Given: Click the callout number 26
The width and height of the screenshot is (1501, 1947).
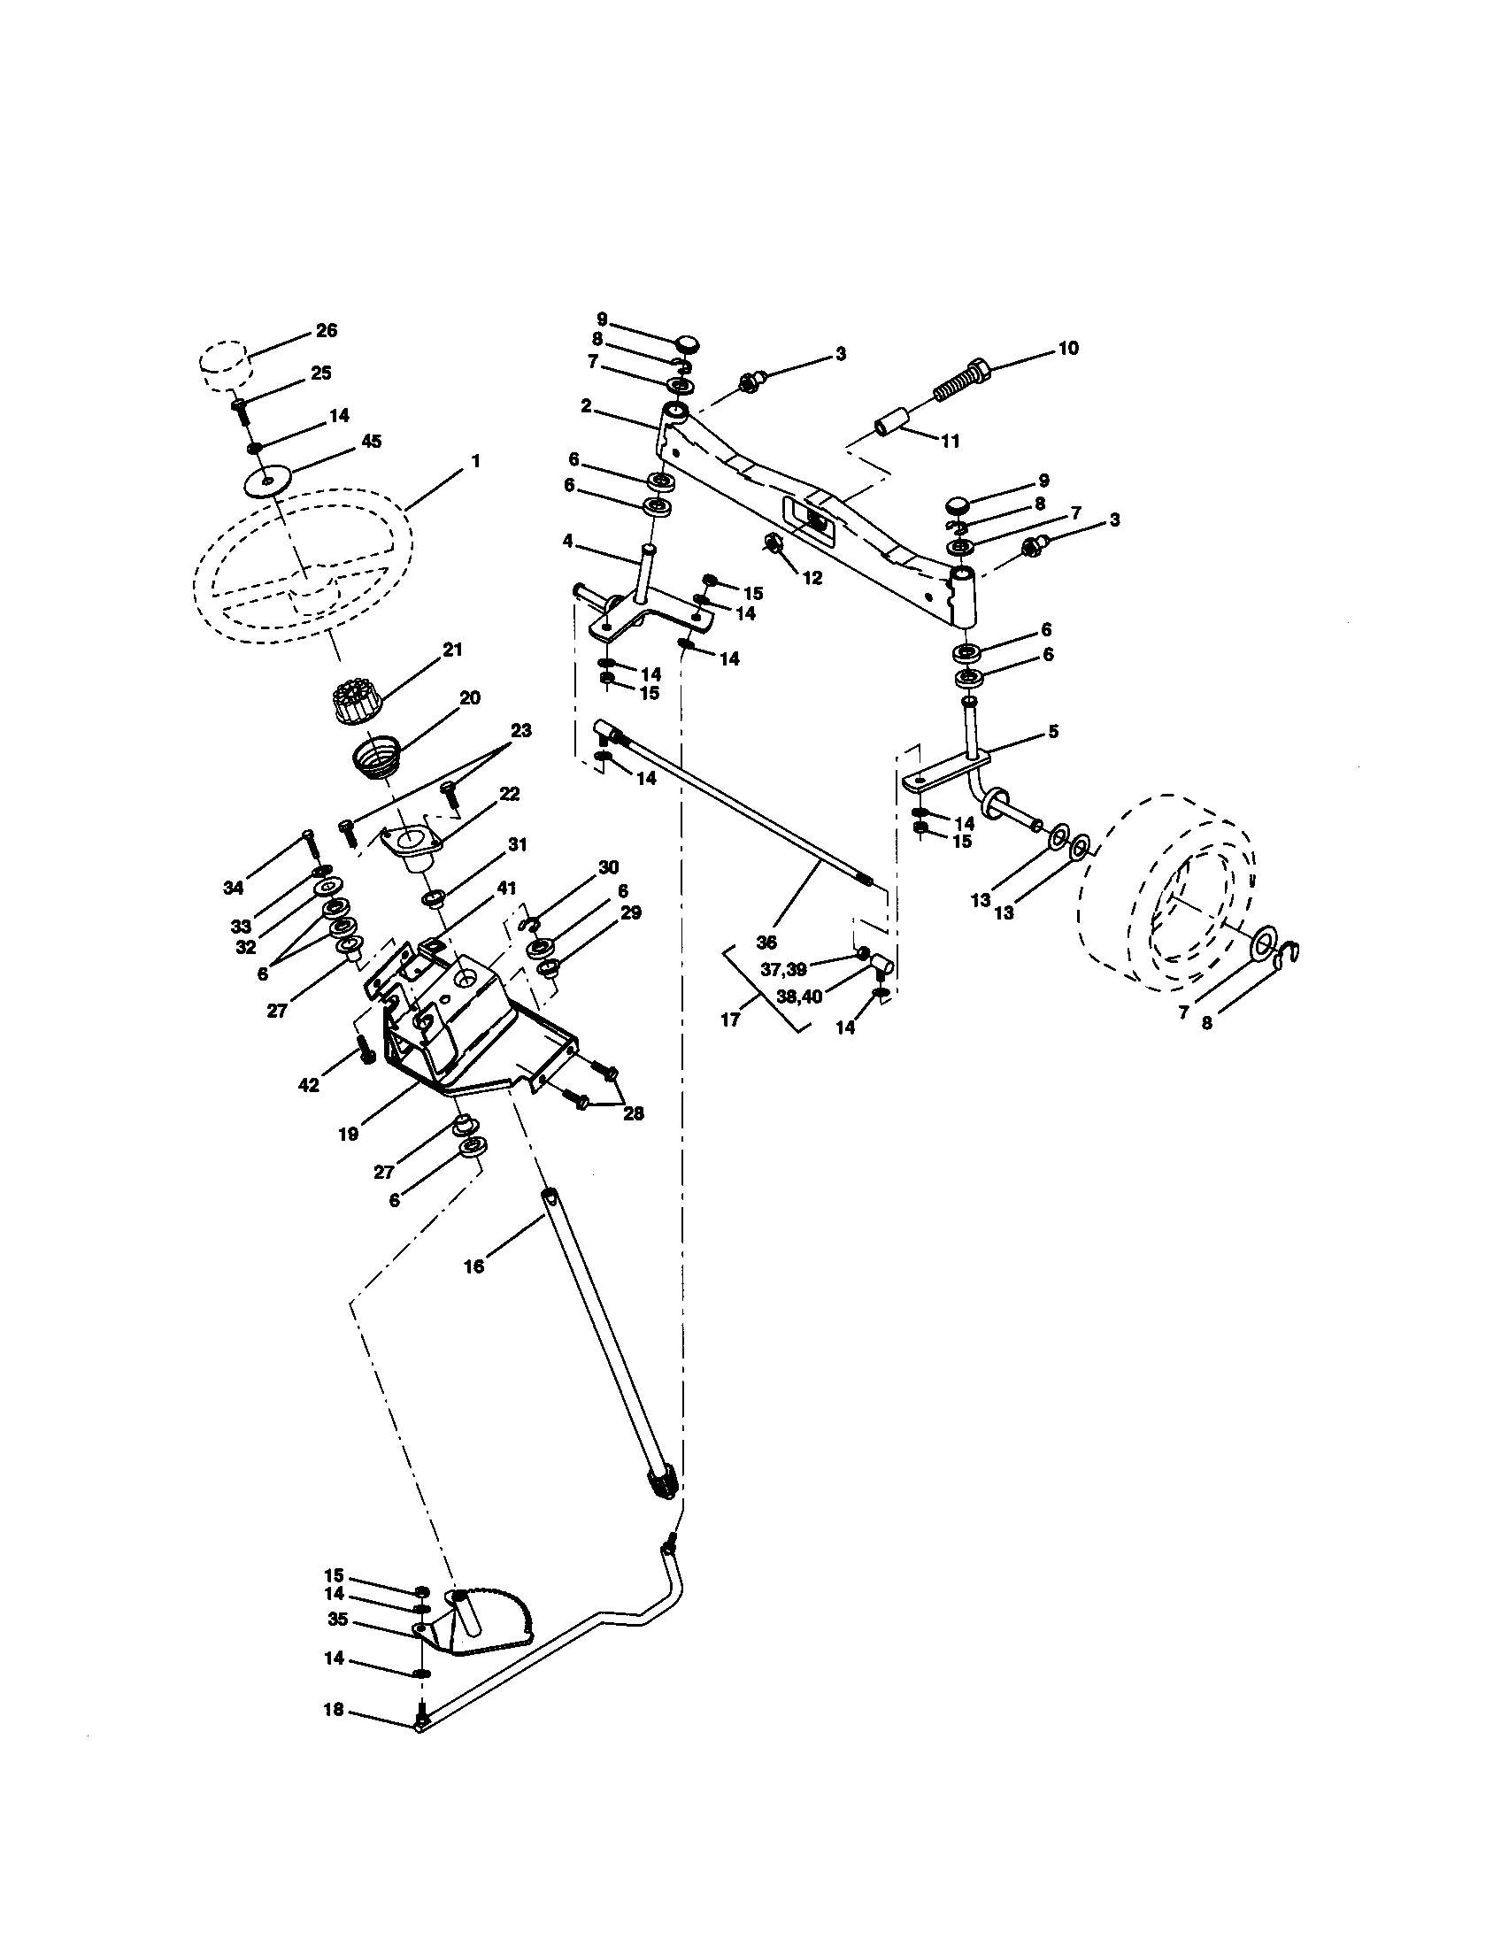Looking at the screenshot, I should point(327,330).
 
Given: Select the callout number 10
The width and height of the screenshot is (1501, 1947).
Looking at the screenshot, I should point(1067,348).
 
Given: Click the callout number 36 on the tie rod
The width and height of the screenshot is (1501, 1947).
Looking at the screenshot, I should point(766,943).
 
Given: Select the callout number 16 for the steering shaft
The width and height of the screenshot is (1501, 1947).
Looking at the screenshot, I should point(473,1266).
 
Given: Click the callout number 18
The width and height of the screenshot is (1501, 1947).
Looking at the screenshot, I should point(334,1711).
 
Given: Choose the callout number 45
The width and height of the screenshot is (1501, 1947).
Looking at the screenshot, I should point(371,442).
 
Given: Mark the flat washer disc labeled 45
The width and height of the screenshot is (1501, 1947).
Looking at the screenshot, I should point(268,481).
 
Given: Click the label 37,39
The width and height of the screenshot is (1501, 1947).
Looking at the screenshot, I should point(784,969).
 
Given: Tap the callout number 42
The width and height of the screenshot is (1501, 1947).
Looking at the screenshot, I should point(308,1087).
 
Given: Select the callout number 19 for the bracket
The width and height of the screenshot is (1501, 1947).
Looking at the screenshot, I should point(349,1134).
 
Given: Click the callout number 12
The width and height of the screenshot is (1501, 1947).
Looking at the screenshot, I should point(812,578).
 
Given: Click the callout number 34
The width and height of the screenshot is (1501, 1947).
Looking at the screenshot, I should point(234,888).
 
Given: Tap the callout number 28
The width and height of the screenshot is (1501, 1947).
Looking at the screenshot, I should point(633,1113).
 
